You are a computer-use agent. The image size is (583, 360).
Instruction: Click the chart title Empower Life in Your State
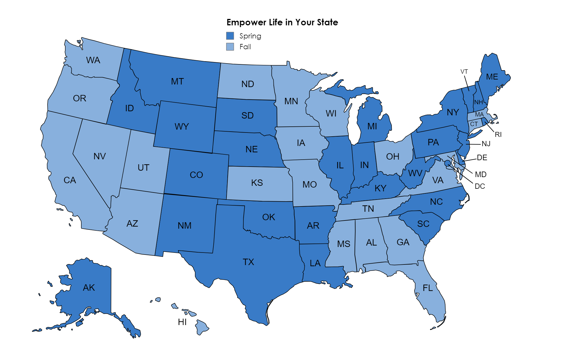pyautogui.click(x=282, y=22)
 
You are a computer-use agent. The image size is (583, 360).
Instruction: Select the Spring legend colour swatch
pyautogui.click(x=230, y=36)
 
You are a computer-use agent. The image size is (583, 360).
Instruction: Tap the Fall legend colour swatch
pyautogui.click(x=230, y=47)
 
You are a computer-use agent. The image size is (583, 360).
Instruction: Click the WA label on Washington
pyautogui.click(x=93, y=60)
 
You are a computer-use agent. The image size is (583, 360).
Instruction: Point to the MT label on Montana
pyautogui.click(x=177, y=81)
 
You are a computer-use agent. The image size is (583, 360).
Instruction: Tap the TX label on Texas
pyautogui.click(x=248, y=262)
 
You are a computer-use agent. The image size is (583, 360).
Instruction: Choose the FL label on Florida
pyautogui.click(x=428, y=288)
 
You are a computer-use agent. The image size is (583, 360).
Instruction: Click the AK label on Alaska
pyautogui.click(x=89, y=287)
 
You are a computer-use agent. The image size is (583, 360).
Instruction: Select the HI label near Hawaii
pyautogui.click(x=182, y=322)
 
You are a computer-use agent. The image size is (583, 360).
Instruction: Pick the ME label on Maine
pyautogui.click(x=492, y=77)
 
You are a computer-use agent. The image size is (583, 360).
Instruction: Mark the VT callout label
pyautogui.click(x=464, y=72)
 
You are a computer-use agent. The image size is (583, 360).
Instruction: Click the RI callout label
pyautogui.click(x=498, y=135)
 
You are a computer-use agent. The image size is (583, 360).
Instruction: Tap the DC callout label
pyautogui.click(x=480, y=186)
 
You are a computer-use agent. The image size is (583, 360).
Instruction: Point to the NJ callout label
pyautogui.click(x=486, y=144)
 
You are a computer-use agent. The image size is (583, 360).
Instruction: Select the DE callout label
pyautogui.click(x=482, y=158)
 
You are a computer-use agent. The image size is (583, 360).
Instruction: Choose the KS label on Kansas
pyautogui.click(x=257, y=183)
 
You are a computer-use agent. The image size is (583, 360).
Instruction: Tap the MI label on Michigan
pyautogui.click(x=372, y=126)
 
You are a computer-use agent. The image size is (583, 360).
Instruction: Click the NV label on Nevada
pyautogui.click(x=99, y=156)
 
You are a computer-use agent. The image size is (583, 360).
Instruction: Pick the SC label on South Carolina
pyautogui.click(x=423, y=224)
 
